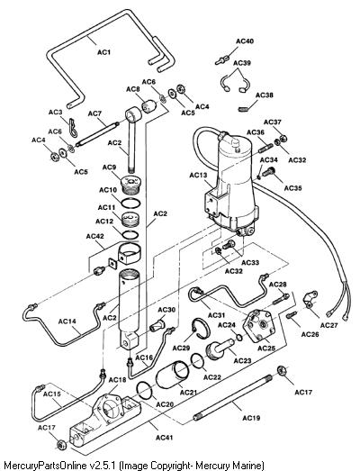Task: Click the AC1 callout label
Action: coord(103,52)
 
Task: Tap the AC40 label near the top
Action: coord(245,41)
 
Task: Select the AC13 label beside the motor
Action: coord(198,175)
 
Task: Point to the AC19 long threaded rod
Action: coord(233,396)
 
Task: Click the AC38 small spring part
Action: coord(244,109)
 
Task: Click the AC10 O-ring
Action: coord(130,203)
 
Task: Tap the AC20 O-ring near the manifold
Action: coord(145,391)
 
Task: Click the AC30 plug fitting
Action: coord(157,326)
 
